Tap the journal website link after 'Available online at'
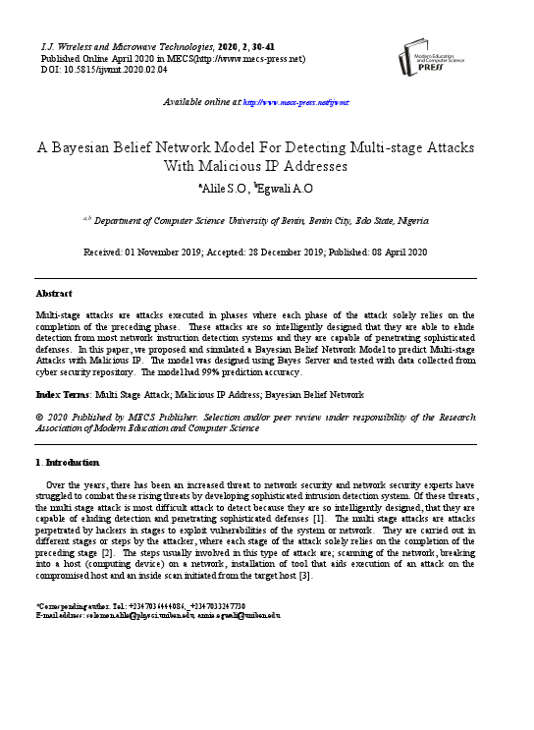[295, 101]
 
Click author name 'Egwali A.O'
[285, 188]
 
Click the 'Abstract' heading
[54, 293]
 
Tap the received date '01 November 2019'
[182, 253]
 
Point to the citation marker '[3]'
[305, 575]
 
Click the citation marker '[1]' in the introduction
[318, 518]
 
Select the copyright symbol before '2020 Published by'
[39, 417]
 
